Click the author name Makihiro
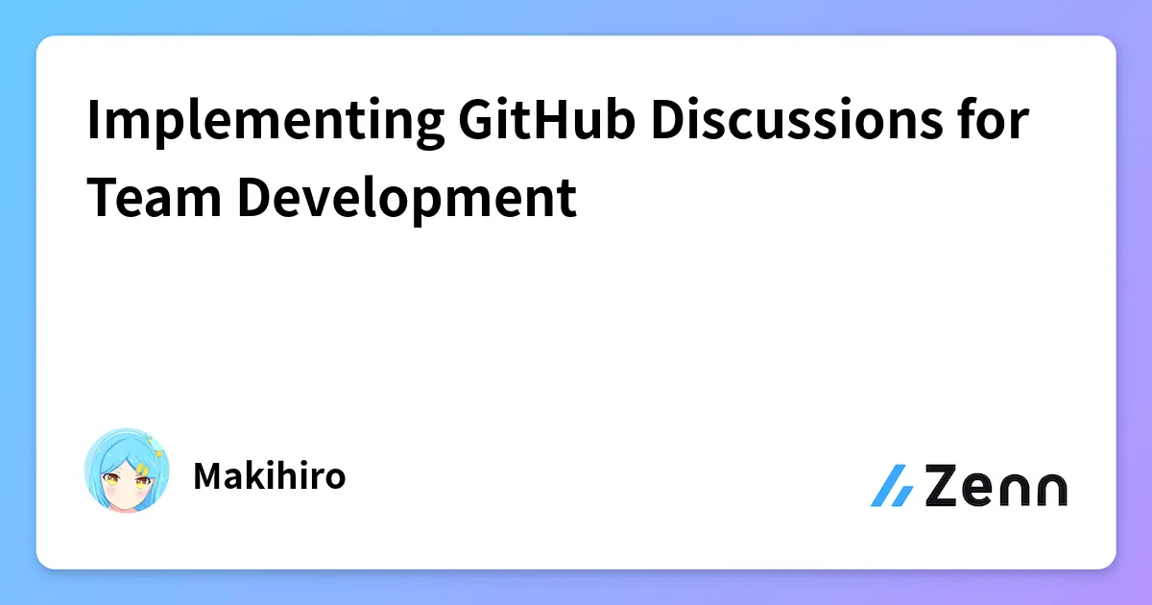click(269, 476)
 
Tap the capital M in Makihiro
click(207, 476)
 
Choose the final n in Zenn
click(1049, 490)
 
